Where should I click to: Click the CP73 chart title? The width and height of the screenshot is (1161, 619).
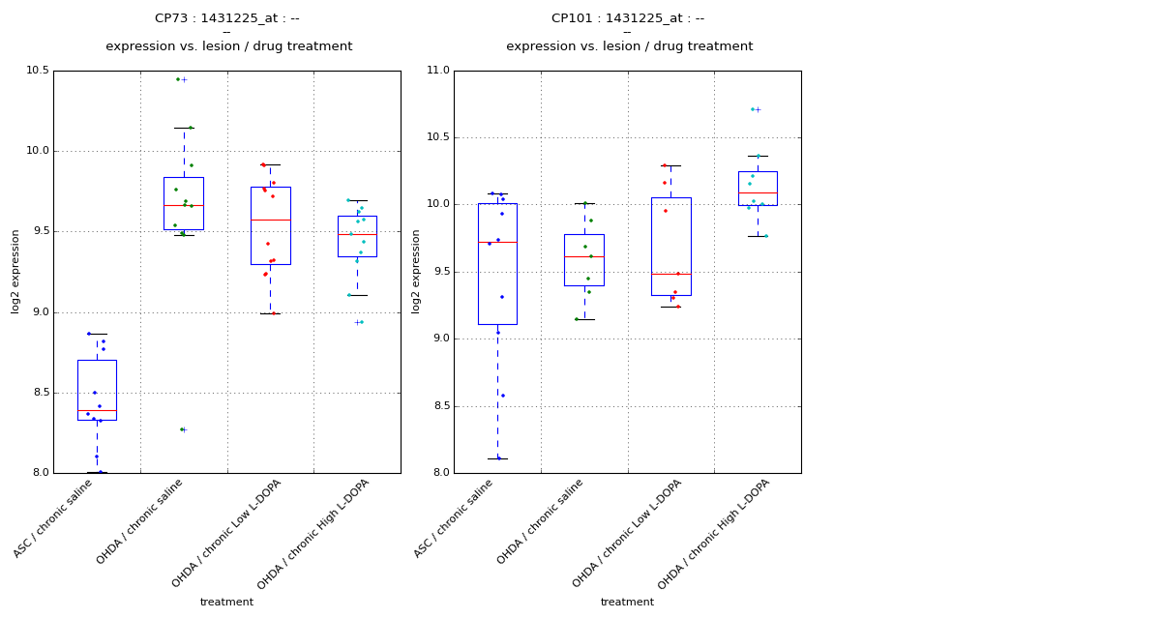pyautogui.click(x=227, y=18)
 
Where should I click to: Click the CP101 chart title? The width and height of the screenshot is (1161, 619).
pyautogui.click(x=628, y=18)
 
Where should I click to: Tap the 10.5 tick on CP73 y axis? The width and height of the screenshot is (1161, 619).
pyautogui.click(x=38, y=71)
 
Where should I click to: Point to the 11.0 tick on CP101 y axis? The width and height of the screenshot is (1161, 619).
pyautogui.click(x=438, y=71)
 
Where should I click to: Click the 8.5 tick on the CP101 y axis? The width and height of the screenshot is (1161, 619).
pyautogui.click(x=441, y=406)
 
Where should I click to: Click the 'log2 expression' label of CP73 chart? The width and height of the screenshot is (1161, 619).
pyautogui.click(x=16, y=272)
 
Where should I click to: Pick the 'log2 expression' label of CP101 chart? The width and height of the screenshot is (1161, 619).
pyautogui.click(x=417, y=272)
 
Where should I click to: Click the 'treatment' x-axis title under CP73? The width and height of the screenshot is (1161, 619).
pyautogui.click(x=226, y=603)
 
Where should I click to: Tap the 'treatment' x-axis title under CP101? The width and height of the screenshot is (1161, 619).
pyautogui.click(x=627, y=603)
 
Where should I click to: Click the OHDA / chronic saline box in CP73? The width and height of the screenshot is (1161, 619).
pyautogui.click(x=184, y=203)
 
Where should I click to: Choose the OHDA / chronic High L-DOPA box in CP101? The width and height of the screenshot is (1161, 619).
pyautogui.click(x=758, y=189)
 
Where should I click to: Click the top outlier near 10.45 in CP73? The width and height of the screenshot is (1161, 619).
pyautogui.click(x=184, y=79)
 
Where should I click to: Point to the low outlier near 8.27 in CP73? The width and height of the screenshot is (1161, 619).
pyautogui.click(x=184, y=429)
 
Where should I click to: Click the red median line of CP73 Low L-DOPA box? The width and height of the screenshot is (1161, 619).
pyautogui.click(x=270, y=220)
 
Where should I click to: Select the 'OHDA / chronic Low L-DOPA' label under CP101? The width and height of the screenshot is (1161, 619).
pyautogui.click(x=629, y=532)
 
